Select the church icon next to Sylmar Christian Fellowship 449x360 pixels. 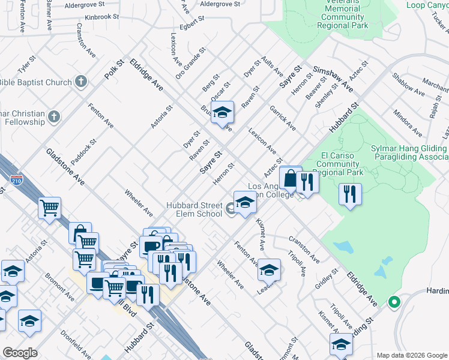pos(54,116)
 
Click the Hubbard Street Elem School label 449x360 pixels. pos(194,210)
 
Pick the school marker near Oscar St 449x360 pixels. pos(222,113)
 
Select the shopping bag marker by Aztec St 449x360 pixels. pos(291,178)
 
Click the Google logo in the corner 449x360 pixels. pos(20,353)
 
